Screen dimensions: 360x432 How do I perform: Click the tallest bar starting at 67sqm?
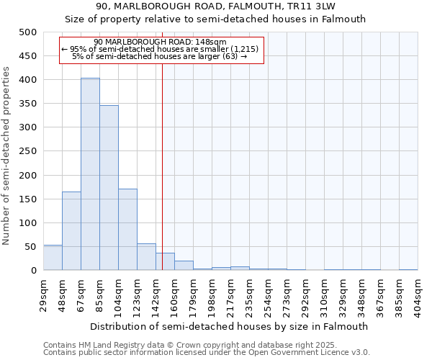coord(90,174)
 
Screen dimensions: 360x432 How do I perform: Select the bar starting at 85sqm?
coord(109,188)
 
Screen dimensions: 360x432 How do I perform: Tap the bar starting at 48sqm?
coord(71,230)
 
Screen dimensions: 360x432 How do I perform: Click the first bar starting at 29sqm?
coord(53,257)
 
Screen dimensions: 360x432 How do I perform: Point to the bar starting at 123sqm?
coord(146,256)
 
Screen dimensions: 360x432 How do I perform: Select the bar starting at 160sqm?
coord(184,265)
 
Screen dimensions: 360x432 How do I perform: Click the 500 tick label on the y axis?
coord(27,32)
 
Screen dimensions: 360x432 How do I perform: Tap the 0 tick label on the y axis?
coord(33,271)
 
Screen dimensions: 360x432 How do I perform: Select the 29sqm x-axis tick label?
coord(43,292)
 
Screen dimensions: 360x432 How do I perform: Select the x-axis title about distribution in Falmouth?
coord(230,326)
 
